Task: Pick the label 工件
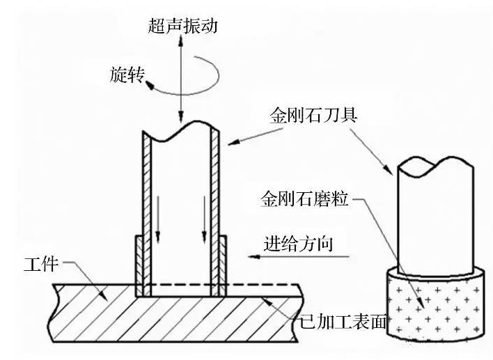click(x=38, y=263)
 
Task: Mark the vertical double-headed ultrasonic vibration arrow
click(x=181, y=77)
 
